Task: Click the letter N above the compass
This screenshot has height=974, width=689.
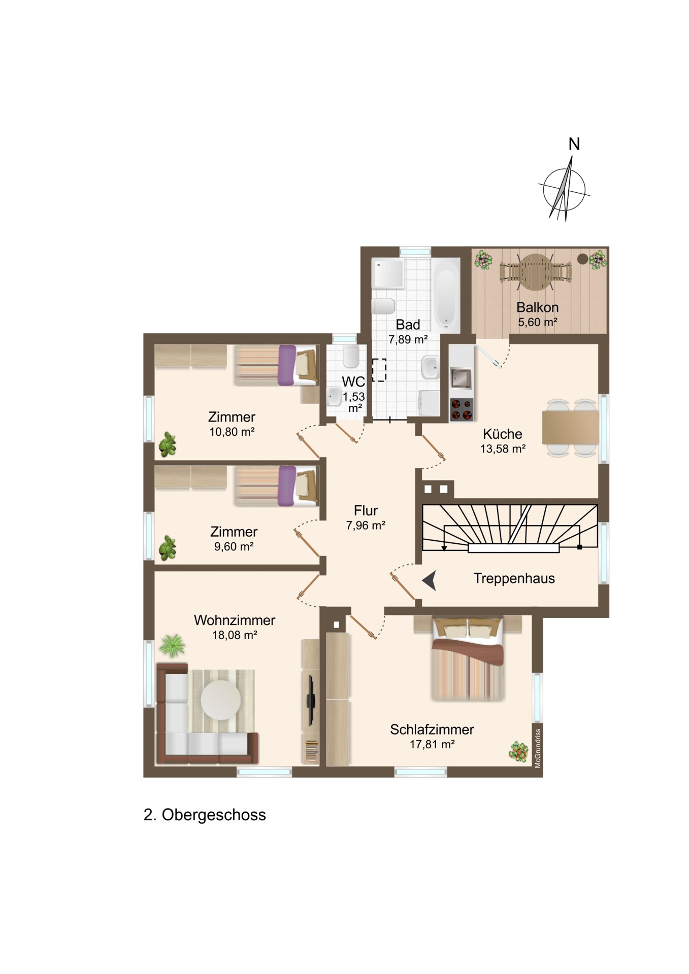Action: point(574,145)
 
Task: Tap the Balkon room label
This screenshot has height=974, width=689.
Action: point(537,307)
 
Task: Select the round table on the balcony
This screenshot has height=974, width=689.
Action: point(536,272)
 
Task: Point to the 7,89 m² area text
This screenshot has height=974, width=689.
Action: point(408,339)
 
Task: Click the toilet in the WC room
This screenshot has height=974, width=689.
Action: point(351,357)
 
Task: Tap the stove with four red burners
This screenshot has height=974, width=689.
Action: point(462,410)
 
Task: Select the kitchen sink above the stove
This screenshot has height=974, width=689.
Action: point(462,378)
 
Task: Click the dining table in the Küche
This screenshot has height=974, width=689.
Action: point(570,427)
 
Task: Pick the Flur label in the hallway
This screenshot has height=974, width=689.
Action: point(366,510)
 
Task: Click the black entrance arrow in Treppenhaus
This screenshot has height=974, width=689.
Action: point(430,580)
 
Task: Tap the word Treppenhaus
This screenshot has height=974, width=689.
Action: point(514,578)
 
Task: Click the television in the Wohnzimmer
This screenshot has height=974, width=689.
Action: point(311,701)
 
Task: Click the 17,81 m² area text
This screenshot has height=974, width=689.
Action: point(432,744)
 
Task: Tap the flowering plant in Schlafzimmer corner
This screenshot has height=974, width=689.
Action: point(518,751)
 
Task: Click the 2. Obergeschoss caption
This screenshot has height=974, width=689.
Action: point(205,815)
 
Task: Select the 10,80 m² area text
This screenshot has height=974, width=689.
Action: point(232,432)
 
